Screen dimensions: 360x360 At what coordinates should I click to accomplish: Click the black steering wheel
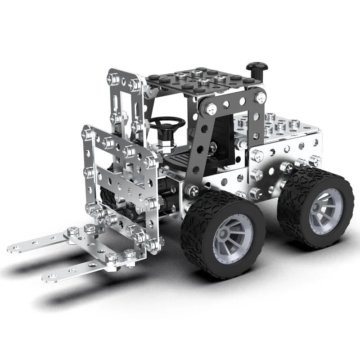(167, 122)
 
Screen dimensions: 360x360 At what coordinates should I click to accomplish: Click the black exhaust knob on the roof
(254, 68)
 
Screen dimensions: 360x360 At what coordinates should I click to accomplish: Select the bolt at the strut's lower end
(193, 191)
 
